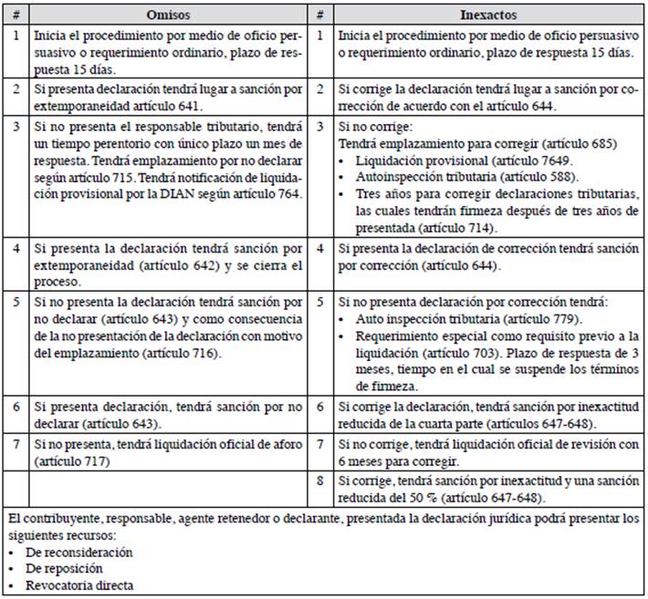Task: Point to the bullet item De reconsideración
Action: (x=82, y=552)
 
